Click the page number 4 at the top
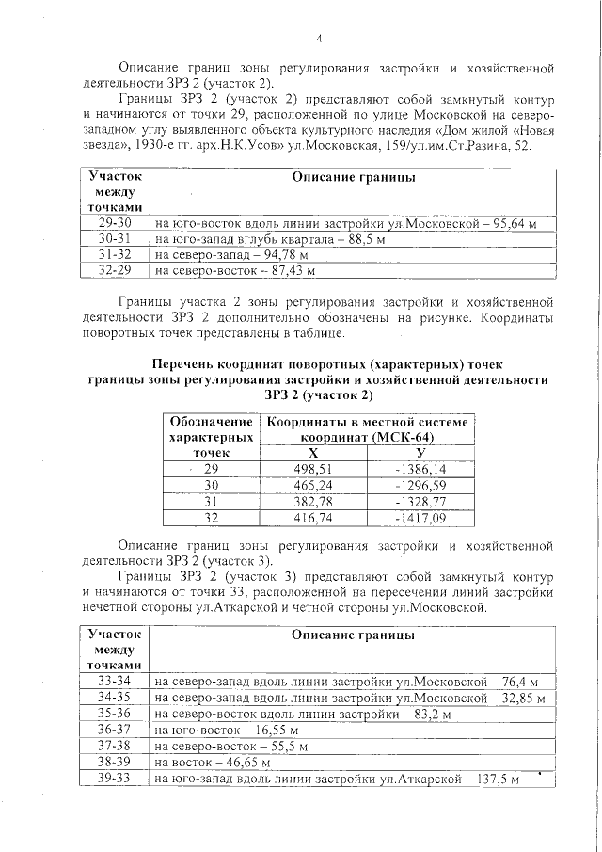tap(319, 39)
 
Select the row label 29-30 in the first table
tap(115, 224)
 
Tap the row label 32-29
tap(115, 271)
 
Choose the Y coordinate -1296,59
tap(420, 485)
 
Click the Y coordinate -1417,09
tap(420, 518)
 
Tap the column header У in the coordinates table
tap(420, 453)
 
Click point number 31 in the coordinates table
tap(212, 502)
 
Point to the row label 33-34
tap(115, 681)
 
